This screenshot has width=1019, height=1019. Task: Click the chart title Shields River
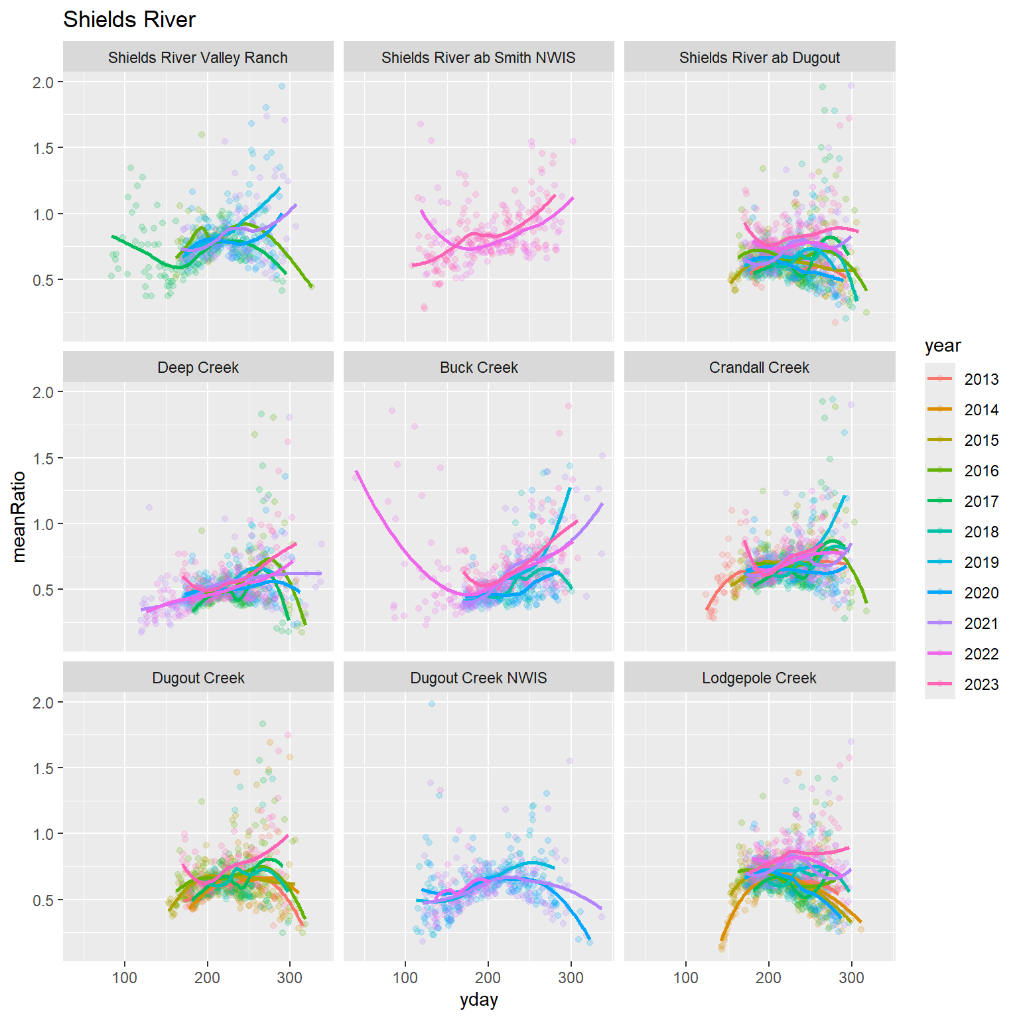tap(129, 20)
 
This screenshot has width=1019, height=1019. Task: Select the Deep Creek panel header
tap(198, 368)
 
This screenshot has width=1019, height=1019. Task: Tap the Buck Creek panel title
tap(478, 368)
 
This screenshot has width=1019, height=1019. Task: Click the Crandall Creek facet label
tap(759, 368)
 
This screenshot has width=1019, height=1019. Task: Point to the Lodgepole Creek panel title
tap(759, 678)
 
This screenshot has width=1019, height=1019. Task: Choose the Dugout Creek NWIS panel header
tap(478, 678)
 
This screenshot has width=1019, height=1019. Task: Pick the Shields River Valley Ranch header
tap(198, 58)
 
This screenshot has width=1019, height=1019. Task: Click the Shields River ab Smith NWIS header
tap(478, 58)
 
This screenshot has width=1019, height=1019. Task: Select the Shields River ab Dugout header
tap(759, 58)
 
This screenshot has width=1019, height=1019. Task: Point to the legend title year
tap(942, 346)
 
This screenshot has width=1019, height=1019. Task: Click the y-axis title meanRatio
tap(19, 516)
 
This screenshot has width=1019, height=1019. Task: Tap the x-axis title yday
tap(478, 1000)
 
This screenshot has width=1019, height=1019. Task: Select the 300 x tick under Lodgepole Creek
tap(851, 978)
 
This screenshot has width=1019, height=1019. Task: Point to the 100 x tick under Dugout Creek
tap(125, 978)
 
